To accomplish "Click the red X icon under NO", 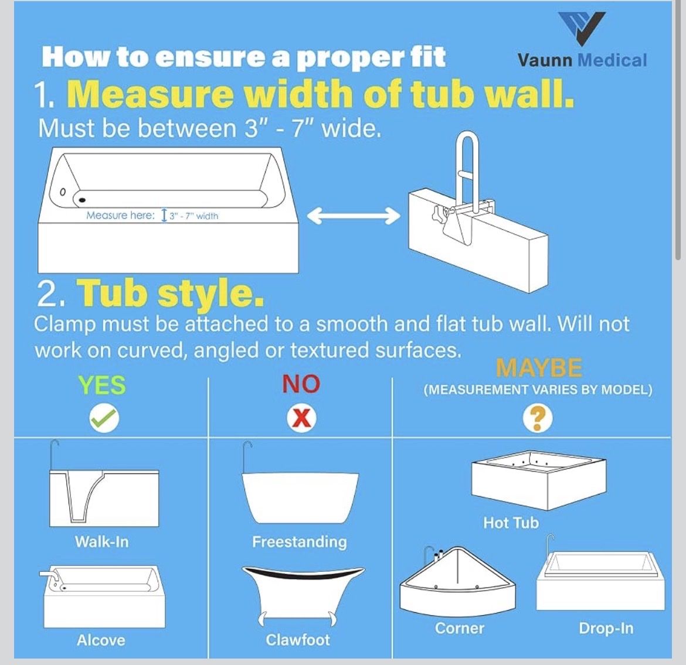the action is coord(301,418).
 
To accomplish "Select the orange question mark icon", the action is coord(538,418).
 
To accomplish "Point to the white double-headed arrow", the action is coord(353,216).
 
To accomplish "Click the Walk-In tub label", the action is coord(101,542).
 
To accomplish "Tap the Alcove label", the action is coord(101,640).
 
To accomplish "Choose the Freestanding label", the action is coord(300,542).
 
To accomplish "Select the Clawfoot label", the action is coord(297,640).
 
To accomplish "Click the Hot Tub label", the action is coord(511,523).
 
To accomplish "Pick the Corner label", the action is coord(459,628).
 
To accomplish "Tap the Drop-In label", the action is coord(606,628).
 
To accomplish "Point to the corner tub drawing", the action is coord(457,581).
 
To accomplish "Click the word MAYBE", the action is coord(539,367).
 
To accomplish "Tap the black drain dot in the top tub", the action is coord(82,200).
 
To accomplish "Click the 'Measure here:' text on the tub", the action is coord(120,215).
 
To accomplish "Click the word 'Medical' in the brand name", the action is coord(612,60).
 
